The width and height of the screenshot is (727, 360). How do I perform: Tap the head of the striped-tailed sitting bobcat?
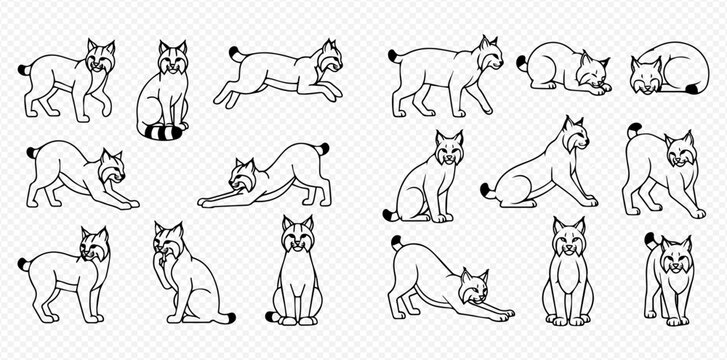point(173,61)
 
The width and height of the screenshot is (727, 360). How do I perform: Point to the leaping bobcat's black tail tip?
point(234,52)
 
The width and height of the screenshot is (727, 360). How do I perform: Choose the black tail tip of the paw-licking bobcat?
point(231,317)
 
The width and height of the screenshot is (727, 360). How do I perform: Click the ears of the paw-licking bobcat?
point(168,230)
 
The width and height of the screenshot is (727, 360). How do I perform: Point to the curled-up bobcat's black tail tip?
point(692,89)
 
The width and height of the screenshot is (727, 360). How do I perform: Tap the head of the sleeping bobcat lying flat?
point(592,74)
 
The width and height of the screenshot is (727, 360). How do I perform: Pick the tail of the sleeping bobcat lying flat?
point(522,62)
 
